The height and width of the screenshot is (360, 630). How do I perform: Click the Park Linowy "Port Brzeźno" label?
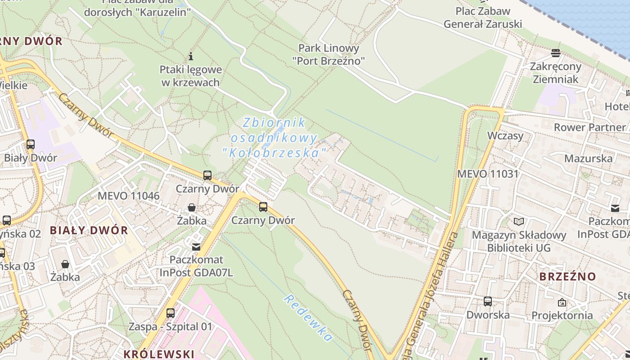tap(329, 54)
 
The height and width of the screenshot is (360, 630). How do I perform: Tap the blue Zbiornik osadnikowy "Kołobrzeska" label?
tap(274, 137)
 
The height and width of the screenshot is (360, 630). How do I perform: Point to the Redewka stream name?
tap(308, 317)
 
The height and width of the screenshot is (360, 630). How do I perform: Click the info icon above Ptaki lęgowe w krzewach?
tap(191, 56)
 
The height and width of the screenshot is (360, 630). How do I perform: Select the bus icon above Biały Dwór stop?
tap(31, 144)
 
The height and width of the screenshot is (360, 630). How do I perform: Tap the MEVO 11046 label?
tap(129, 196)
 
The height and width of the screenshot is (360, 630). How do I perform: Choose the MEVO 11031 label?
tap(488, 174)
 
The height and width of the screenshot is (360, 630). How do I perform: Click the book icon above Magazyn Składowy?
tap(519, 221)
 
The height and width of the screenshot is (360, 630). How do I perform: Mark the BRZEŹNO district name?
tap(567, 276)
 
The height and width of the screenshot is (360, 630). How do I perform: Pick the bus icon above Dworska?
tap(488, 301)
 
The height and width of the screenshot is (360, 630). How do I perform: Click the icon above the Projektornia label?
tap(562, 302)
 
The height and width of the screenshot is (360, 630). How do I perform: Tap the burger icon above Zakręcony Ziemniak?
tap(556, 53)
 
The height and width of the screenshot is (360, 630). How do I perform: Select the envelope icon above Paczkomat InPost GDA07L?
tap(196, 247)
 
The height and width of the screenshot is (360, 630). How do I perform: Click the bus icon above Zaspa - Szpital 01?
tap(170, 313)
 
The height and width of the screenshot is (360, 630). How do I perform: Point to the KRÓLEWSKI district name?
tap(159, 354)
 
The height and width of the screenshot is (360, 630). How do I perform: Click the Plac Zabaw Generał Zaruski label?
tap(483, 18)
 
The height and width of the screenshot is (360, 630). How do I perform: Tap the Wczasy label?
tap(505, 136)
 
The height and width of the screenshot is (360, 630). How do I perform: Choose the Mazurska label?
tap(588, 158)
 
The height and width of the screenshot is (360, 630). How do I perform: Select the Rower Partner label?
tap(589, 127)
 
